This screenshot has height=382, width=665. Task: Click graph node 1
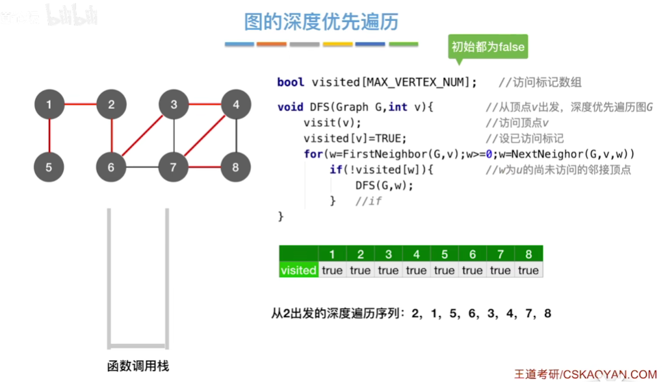point(49,104)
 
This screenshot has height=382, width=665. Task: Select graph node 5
point(49,167)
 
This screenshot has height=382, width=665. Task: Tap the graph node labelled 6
point(111,167)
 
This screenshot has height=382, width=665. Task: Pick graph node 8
point(235,167)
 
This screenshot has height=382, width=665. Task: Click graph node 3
point(174,104)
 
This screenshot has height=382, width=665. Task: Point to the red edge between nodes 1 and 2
point(80,104)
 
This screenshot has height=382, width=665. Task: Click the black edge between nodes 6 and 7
point(142,167)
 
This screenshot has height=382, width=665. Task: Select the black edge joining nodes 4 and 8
point(235,136)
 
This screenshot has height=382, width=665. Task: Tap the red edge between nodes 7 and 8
point(204,167)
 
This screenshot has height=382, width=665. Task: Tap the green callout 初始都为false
point(488,47)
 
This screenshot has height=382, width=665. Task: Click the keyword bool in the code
point(291,82)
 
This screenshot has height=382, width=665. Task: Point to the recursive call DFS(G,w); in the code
point(384,185)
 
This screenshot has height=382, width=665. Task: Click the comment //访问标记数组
point(540,82)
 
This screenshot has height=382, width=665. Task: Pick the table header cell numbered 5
point(445,254)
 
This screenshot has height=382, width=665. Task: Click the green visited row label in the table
point(298,270)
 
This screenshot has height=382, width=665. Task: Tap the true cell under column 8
point(528,270)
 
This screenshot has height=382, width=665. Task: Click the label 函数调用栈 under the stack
point(138,366)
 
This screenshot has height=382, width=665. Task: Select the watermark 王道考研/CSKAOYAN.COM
point(586,374)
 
